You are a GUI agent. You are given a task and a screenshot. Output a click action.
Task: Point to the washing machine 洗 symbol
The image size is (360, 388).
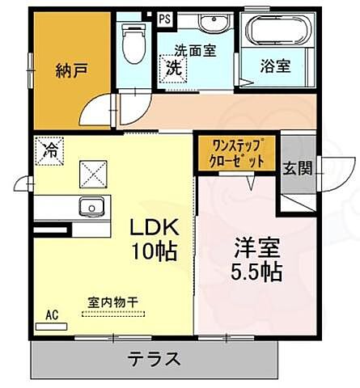click(173, 69)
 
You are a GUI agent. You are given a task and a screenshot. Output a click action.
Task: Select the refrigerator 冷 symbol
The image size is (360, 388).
click(50, 150)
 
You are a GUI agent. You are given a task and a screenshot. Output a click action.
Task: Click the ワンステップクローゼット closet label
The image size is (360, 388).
click(238, 154)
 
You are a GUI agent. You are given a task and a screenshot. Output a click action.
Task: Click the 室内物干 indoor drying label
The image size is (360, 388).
click(112, 302)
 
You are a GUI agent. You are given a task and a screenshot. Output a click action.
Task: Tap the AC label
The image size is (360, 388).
click(52, 314)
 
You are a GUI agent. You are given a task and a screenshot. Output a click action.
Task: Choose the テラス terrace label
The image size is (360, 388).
click(153, 358)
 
